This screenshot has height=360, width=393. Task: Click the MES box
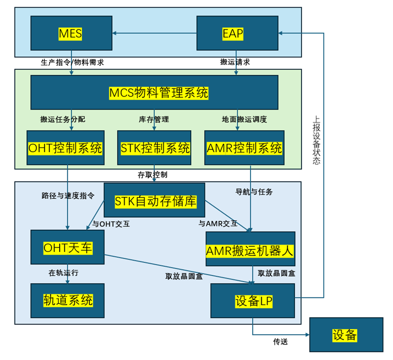click(x=71, y=33)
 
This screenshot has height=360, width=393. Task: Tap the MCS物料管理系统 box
click(x=154, y=92)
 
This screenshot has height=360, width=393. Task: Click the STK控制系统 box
click(x=154, y=148)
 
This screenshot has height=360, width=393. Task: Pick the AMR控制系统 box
click(x=244, y=148)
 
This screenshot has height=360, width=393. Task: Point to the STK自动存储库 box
click(x=154, y=201)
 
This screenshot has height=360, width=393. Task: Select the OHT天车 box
click(x=68, y=247)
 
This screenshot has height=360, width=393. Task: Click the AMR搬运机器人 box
click(x=250, y=249)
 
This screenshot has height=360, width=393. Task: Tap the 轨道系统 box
click(x=68, y=300)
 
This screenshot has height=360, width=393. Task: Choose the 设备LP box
click(x=252, y=300)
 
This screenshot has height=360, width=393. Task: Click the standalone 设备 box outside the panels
click(x=345, y=334)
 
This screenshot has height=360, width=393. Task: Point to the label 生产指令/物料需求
click(x=72, y=62)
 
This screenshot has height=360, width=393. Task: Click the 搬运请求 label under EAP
click(x=235, y=62)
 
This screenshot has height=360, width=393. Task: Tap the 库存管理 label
click(x=154, y=119)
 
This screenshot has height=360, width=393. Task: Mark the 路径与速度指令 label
click(x=68, y=195)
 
